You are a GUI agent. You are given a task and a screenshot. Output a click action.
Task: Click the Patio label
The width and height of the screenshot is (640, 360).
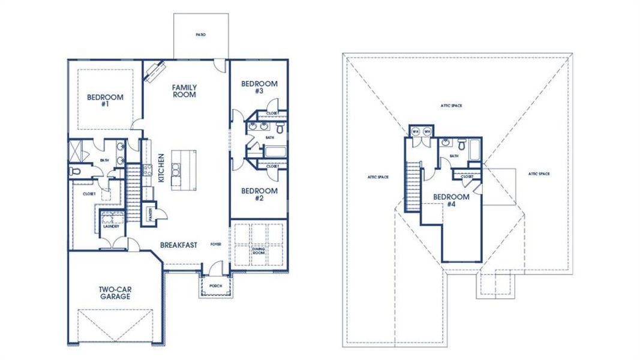coord(200,35)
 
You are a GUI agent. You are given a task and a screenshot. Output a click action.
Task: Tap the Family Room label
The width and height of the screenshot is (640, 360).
coord(185,91)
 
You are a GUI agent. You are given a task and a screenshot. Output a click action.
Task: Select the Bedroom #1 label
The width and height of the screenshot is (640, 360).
coord(105,100)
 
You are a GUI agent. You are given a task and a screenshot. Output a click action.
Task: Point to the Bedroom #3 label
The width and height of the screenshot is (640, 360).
coord(259,87)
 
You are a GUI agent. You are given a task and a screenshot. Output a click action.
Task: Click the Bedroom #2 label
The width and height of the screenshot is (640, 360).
coord(259,194)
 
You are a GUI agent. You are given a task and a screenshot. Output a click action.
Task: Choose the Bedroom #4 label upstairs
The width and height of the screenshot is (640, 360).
coord(451,200)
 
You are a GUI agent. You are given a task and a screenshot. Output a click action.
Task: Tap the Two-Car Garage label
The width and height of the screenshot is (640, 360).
coord(116,293)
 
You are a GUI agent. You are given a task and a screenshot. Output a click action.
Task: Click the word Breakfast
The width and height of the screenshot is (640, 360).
coord(179,245)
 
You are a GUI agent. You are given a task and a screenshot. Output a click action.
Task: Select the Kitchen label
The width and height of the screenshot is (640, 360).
coord(161,167)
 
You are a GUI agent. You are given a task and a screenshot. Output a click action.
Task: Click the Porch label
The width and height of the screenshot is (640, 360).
coord(215,286)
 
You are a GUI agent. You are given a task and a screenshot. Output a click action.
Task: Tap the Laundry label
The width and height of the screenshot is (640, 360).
coord(111,226)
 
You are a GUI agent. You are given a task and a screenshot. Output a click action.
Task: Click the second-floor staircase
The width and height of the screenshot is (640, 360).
coord(413,186)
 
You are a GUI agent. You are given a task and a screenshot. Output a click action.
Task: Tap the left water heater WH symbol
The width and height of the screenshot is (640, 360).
coord(416,131)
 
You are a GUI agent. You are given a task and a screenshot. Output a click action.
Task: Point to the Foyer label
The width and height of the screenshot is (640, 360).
coord(215,245)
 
